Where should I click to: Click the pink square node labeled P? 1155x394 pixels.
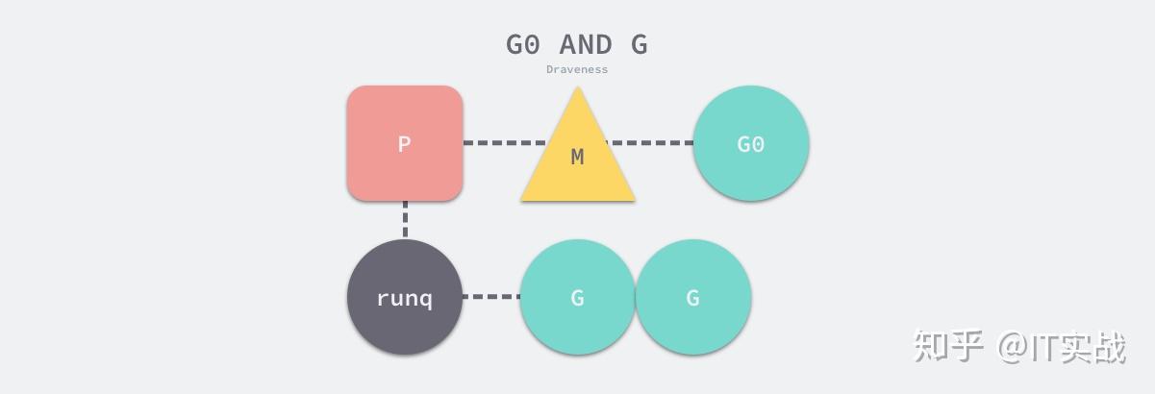pos(404,143)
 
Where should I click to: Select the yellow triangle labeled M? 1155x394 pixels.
pos(577,163)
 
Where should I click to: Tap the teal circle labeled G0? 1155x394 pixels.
pos(750,143)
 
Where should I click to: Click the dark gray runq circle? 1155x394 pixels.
pos(404,297)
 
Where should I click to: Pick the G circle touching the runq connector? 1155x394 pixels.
pos(577,297)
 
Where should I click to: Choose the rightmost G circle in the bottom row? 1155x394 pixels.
pos(692,297)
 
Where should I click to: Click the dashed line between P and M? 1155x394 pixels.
pos(502,143)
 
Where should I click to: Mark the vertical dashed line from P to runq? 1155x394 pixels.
pos(405,220)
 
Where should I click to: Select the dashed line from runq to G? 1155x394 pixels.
pos(490,297)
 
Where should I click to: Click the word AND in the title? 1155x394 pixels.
pos(585,44)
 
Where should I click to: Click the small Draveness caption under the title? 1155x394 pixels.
pos(577,69)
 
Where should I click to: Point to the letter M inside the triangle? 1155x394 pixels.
pos(577,157)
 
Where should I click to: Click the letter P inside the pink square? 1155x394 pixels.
pos(404,144)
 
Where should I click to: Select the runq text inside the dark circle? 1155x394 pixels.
pos(404,298)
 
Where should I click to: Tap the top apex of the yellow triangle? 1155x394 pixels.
pos(577,90)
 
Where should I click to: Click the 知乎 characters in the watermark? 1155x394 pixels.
pos(948,346)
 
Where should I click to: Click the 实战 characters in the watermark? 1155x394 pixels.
pos(1094,346)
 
